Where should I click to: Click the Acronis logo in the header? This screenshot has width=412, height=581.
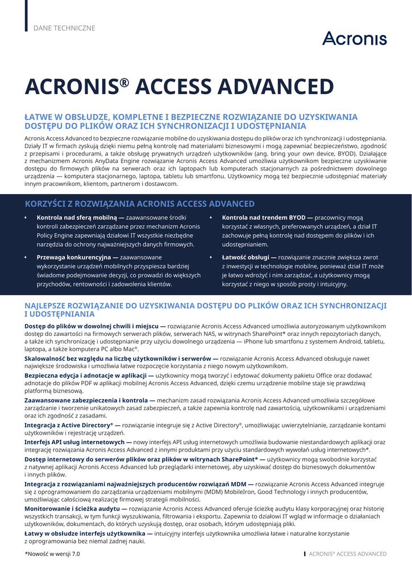[x=354, y=38]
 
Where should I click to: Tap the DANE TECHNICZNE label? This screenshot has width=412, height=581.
[x=64, y=28]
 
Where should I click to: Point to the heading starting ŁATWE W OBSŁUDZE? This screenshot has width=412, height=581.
[x=191, y=121]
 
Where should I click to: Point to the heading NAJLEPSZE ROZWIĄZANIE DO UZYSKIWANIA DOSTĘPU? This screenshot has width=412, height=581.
[x=205, y=309]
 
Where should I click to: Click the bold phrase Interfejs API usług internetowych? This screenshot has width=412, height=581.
[x=75, y=442]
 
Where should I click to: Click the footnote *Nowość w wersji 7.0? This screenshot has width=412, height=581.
[x=52, y=554]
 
